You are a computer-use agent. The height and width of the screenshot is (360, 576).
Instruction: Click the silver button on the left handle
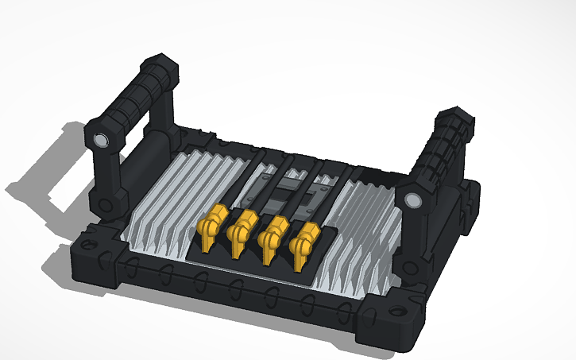pos(100,141)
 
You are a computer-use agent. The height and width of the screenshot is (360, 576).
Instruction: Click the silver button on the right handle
pos(413,200)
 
